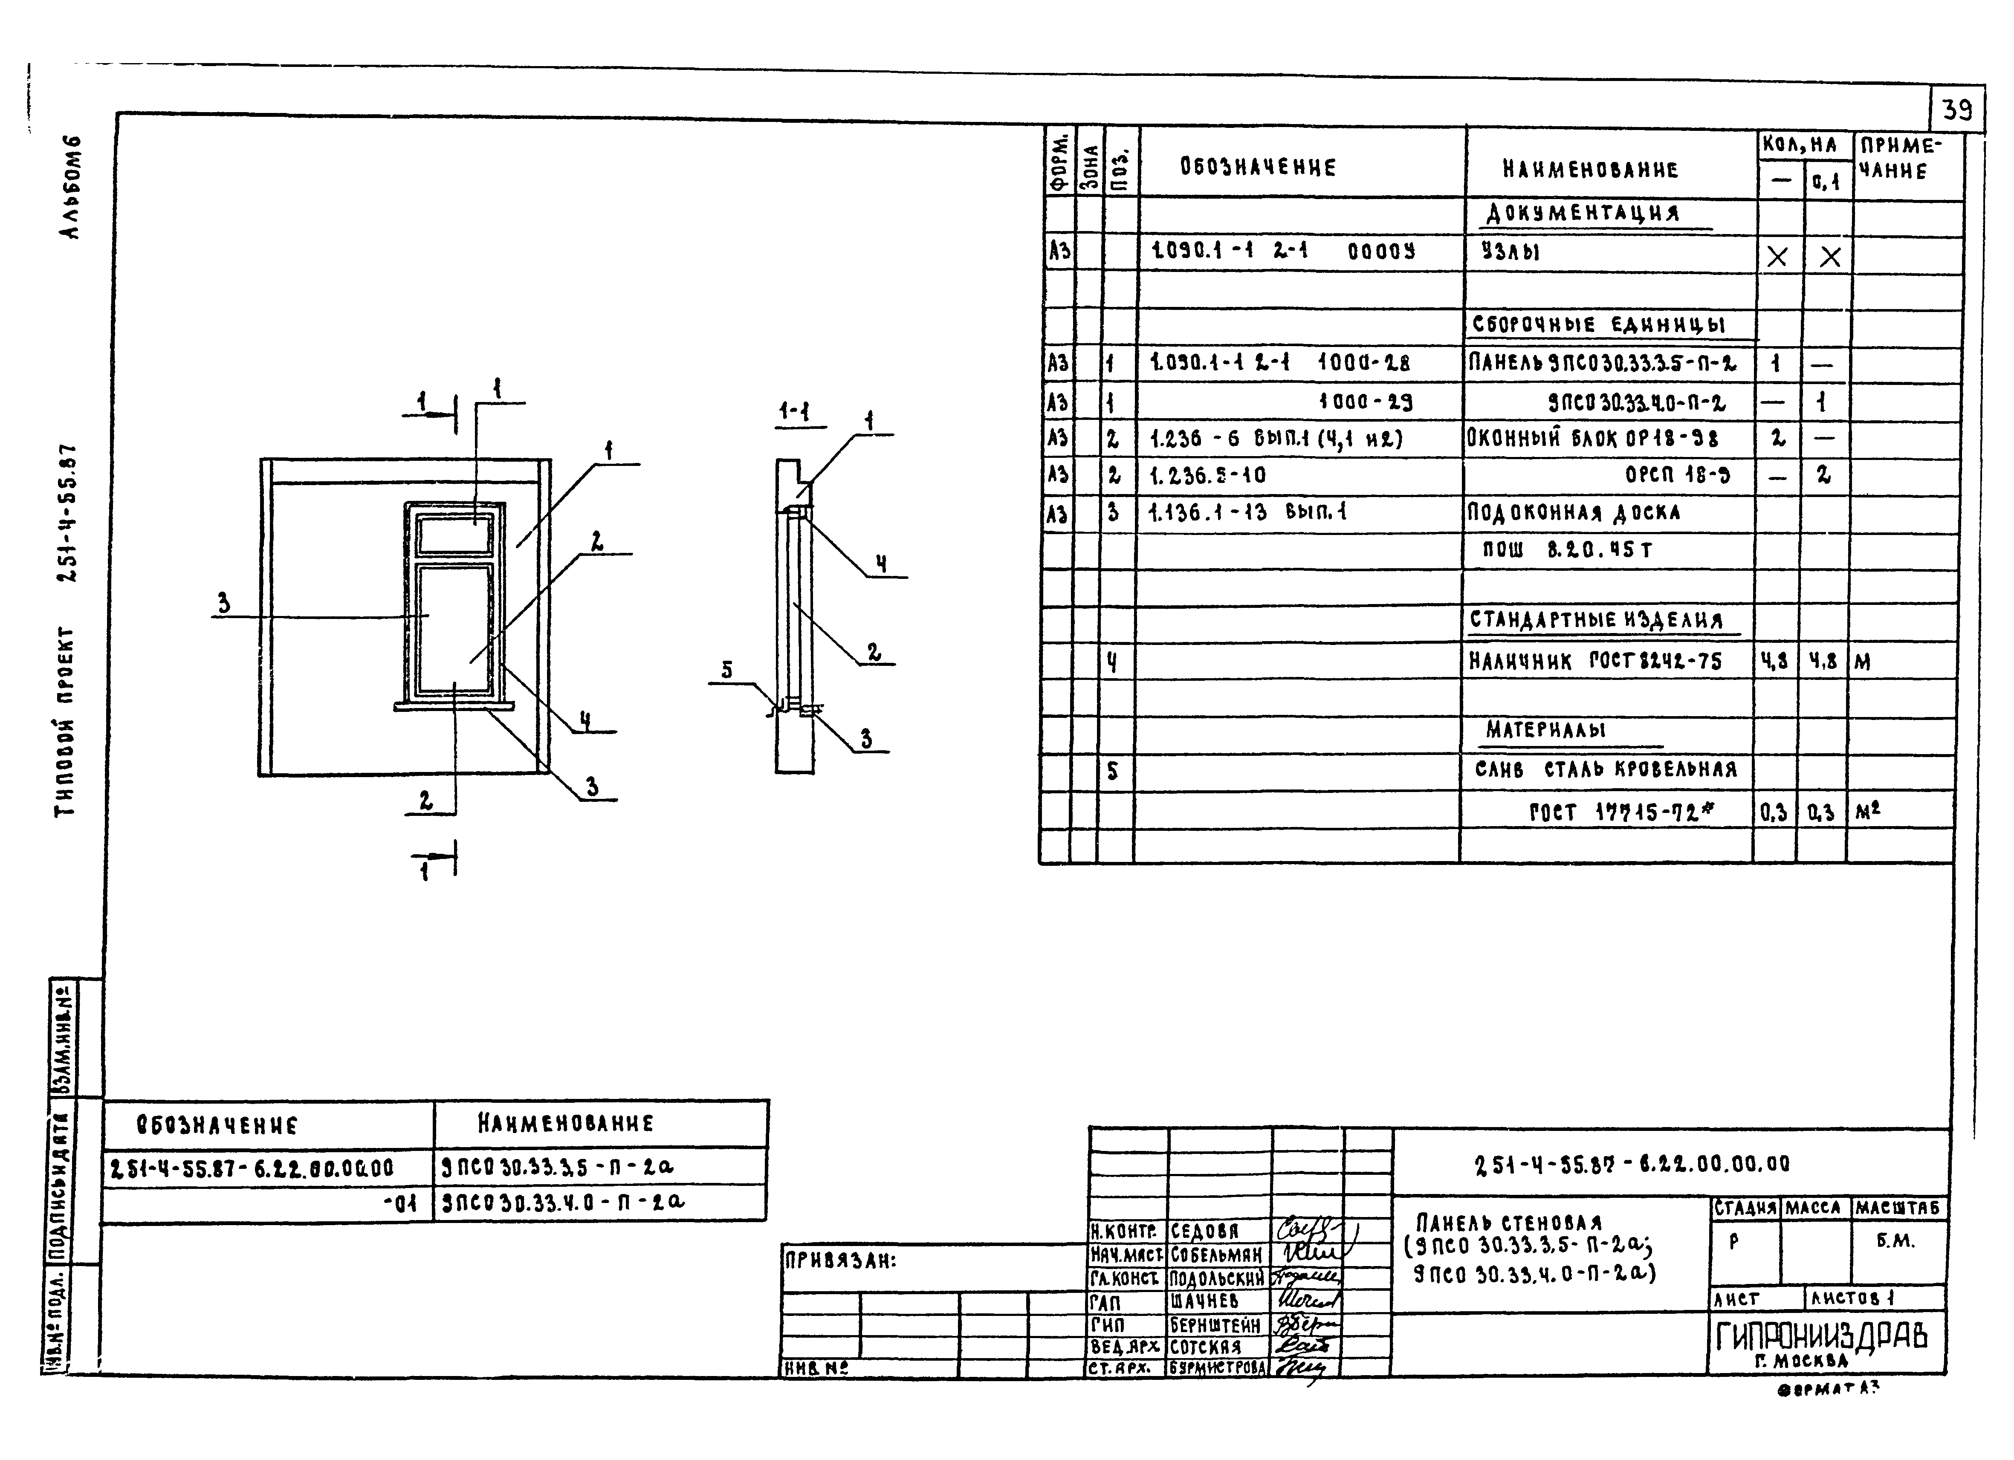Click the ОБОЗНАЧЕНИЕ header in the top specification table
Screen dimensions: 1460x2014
pos(1257,167)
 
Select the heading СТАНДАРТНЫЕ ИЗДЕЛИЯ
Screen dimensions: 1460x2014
pos(1596,620)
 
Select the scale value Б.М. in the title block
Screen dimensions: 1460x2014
pos(1896,1241)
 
